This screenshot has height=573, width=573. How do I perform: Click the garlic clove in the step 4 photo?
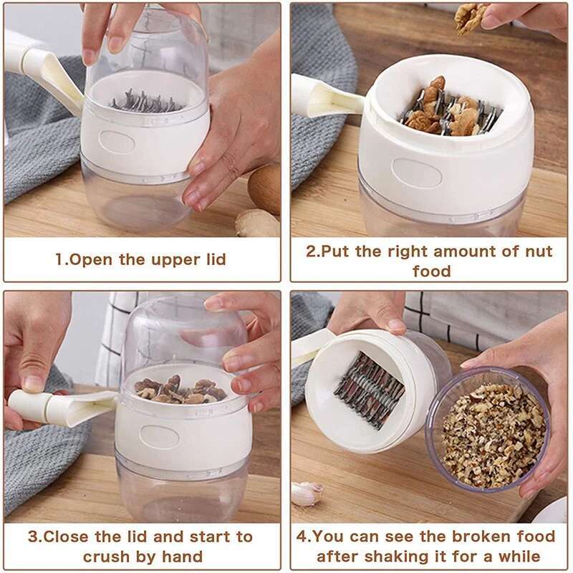coord(307,493)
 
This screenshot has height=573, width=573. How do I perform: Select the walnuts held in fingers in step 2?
coord(471,17)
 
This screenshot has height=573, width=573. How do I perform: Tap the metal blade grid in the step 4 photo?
coord(370,390)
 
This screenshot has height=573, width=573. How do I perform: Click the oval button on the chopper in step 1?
coord(121,139)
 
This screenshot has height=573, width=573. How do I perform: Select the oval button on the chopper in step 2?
coord(417,173)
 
